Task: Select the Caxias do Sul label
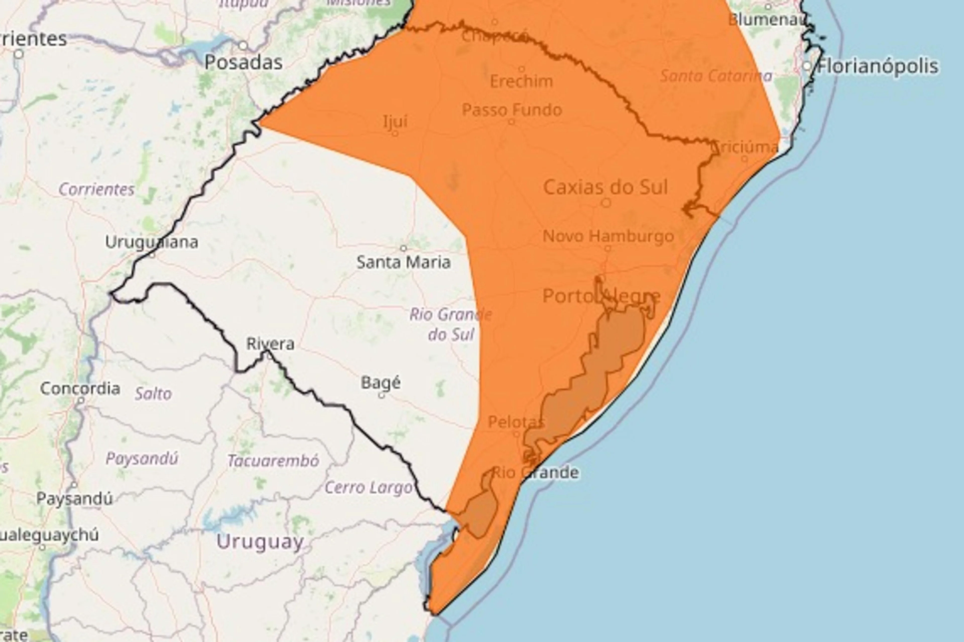(605, 187)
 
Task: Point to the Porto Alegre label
(601, 296)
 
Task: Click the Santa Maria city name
(403, 262)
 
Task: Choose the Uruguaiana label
(152, 242)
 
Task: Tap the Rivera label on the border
(270, 344)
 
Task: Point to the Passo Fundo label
(512, 110)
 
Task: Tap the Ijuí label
(395, 121)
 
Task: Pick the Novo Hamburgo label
(608, 236)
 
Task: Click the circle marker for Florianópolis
(807, 66)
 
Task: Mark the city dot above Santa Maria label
(403, 248)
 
